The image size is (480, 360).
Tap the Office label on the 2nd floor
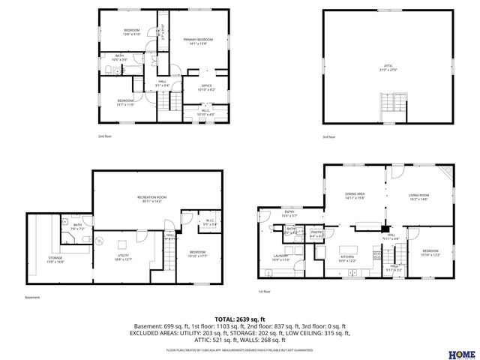(x=205, y=87)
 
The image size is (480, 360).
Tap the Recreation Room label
(x=151, y=199)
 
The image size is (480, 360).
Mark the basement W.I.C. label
(x=209, y=222)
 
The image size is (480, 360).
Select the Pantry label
(x=316, y=234)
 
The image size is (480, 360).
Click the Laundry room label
(x=280, y=258)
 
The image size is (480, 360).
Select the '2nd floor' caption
(x=105, y=136)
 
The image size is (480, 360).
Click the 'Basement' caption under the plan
(x=32, y=297)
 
